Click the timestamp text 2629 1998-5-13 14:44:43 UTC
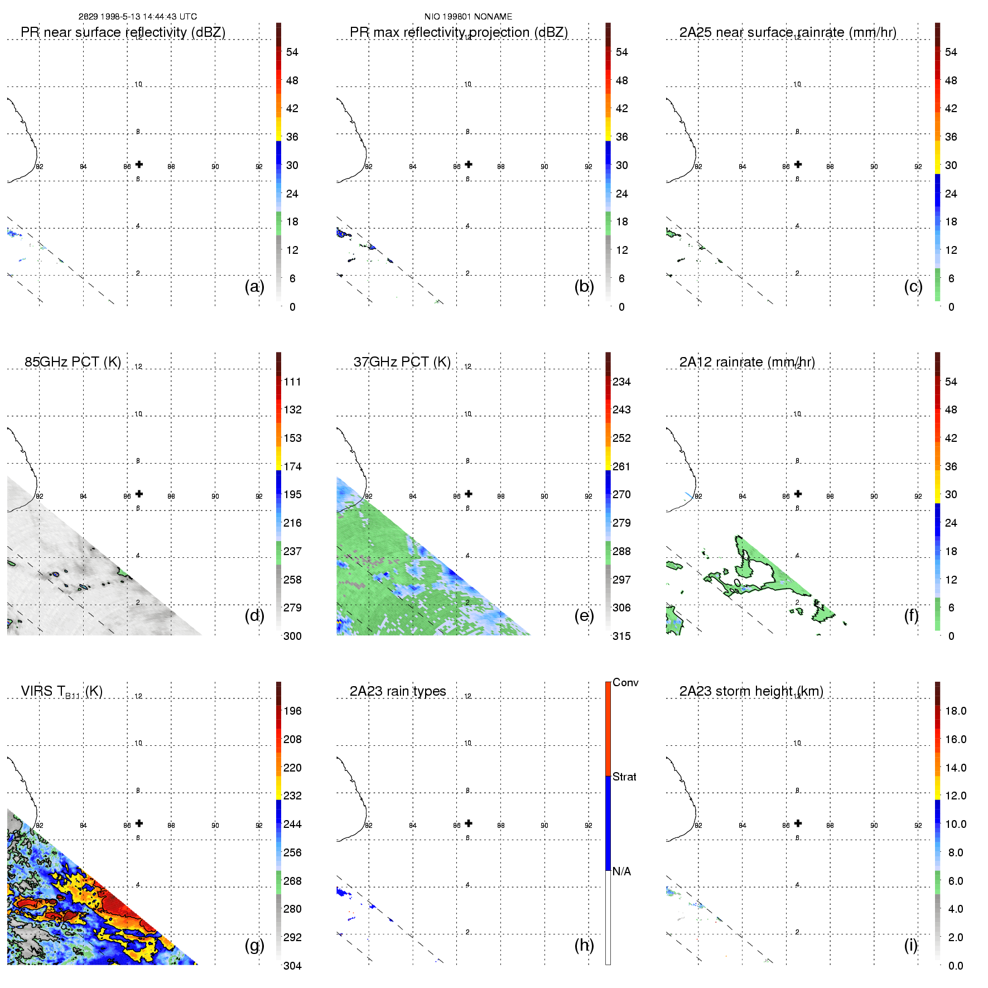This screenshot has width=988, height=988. (137, 17)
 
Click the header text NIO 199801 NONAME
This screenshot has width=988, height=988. (468, 17)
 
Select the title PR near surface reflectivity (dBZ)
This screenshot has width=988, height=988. (123, 32)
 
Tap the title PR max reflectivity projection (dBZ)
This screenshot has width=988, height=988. (459, 32)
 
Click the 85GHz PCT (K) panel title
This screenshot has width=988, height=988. (73, 362)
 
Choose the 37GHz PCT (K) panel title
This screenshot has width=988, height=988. (402, 362)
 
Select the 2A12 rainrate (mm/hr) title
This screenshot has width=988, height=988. (747, 362)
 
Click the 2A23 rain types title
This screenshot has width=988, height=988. (398, 691)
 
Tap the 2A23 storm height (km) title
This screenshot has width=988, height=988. (751, 691)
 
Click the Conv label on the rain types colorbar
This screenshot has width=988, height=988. (625, 682)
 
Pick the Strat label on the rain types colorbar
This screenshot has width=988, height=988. (624, 777)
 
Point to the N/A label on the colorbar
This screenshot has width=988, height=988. (621, 871)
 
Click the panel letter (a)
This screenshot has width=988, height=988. (254, 286)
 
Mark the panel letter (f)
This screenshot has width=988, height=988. (911, 615)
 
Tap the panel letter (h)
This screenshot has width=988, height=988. (584, 945)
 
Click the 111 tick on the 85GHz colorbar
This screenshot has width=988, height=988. (292, 382)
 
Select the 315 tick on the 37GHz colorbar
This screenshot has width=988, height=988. (621, 636)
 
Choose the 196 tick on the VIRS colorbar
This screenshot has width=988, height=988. (292, 711)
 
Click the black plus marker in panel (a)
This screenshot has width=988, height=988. (139, 164)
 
